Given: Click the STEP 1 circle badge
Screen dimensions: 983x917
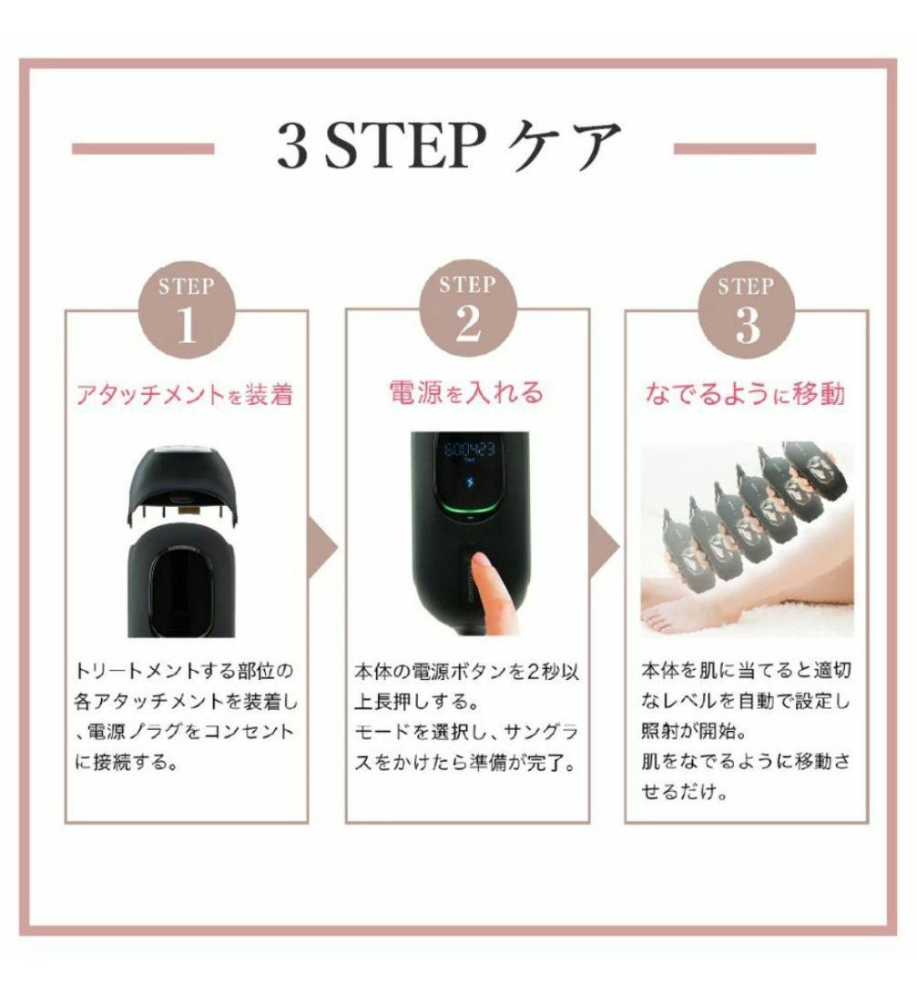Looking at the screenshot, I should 186,311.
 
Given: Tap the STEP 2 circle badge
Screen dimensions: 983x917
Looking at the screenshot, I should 467,311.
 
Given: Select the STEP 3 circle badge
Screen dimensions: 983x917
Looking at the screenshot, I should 746,311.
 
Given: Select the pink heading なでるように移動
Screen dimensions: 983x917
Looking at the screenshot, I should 745,393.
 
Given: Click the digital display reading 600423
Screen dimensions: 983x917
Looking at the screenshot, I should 469,451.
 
